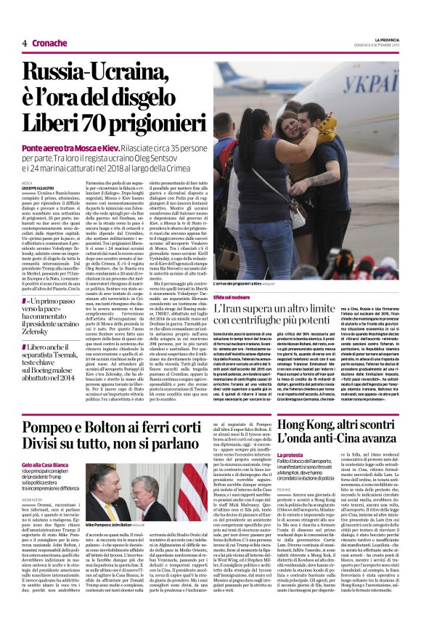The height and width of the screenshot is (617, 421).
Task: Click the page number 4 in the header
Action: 25,43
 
